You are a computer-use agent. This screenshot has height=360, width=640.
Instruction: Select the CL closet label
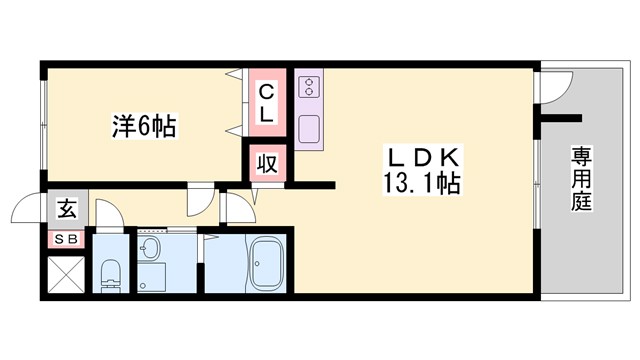tap(267, 103)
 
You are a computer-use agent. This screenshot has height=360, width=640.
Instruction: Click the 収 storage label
tap(267, 163)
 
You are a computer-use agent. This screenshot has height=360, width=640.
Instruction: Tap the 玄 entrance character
tap(66, 210)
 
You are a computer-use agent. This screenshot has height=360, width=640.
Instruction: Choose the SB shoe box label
tap(66, 239)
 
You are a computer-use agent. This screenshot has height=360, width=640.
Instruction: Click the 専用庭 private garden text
tap(582, 181)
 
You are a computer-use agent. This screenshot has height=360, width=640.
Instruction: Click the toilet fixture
tap(110, 272)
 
